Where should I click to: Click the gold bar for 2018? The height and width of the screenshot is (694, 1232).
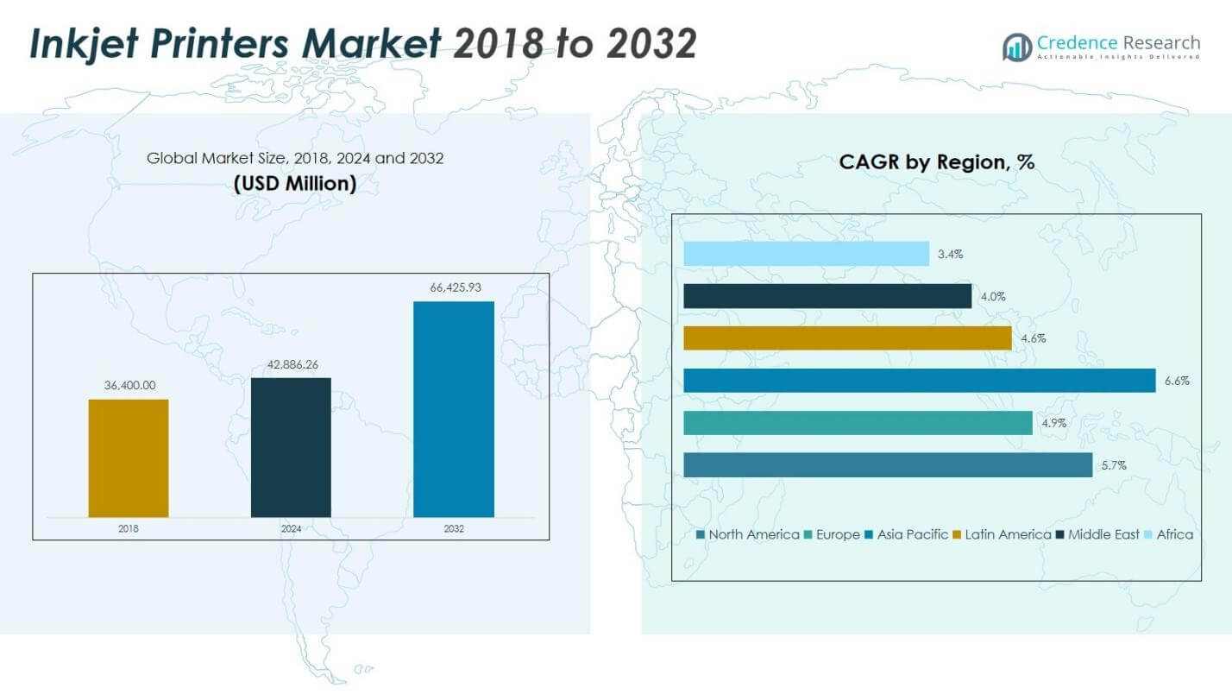(129, 457)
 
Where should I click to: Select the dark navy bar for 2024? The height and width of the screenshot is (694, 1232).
(291, 447)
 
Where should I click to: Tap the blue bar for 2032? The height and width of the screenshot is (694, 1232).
(454, 409)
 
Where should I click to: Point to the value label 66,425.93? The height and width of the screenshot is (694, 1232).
(454, 287)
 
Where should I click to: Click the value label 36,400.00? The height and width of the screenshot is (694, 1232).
(129, 385)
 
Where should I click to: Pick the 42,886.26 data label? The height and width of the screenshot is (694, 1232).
(291, 364)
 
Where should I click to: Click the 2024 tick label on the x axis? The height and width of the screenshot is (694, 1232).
(291, 528)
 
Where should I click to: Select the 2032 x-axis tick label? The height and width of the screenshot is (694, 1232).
(454, 528)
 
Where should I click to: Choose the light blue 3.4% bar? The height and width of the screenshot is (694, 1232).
(806, 254)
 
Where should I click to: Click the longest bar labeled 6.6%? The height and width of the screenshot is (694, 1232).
(919, 381)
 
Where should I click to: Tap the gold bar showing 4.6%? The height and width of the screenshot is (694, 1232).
(847, 338)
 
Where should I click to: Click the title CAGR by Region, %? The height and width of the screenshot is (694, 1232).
(936, 162)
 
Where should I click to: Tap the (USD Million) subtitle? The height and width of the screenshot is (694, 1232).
(294, 184)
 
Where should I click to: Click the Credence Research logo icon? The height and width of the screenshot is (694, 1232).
(1016, 47)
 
